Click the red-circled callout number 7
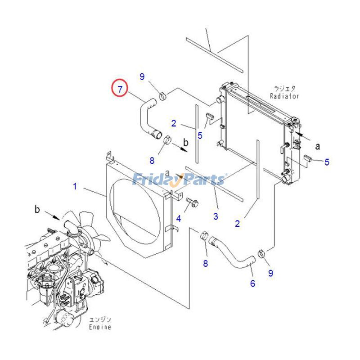point(120,89)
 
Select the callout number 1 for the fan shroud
point(75,185)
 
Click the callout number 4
point(179,219)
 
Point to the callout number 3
point(216,217)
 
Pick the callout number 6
point(252,283)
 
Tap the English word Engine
point(100,327)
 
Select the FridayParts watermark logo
point(179,179)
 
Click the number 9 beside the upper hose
point(142,77)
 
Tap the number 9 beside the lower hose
point(270,273)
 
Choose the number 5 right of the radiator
point(327,162)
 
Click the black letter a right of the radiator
point(317,146)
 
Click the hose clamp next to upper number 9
point(162,95)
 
